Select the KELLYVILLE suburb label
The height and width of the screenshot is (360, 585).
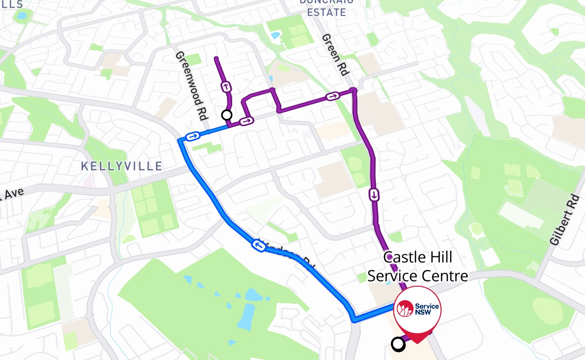click(121, 166)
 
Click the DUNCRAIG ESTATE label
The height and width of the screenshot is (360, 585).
click(327, 8)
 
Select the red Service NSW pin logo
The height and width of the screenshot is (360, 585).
click(417, 309)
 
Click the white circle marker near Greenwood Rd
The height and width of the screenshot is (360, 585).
click(227, 115)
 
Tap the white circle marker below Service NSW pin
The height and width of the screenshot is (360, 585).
click(398, 345)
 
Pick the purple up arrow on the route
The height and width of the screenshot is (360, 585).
click(225, 86)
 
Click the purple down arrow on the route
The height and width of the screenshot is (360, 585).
click(374, 195)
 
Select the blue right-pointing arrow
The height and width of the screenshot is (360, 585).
click(193, 136)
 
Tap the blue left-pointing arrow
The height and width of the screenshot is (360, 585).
click(259, 246)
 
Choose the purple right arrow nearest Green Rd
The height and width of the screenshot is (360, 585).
click(333, 96)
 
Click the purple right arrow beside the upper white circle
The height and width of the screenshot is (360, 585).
click(247, 121)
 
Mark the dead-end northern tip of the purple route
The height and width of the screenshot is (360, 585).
click(216, 58)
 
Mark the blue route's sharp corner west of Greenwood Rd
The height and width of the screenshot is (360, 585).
click(180, 141)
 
